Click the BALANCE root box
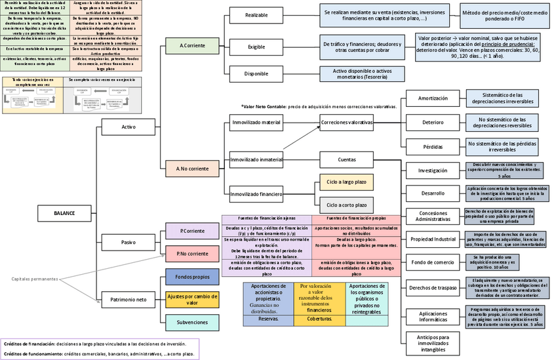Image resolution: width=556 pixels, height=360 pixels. (64, 212)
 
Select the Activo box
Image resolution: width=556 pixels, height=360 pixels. (129, 127)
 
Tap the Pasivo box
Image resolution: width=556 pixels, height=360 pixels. (129, 243)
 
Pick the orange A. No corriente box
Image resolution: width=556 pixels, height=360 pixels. (192, 169)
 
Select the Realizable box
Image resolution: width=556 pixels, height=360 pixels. (256, 15)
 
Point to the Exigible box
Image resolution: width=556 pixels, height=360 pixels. (256, 47)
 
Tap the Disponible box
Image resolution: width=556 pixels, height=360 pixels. (256, 74)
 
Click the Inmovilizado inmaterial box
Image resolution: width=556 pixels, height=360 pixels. (256, 159)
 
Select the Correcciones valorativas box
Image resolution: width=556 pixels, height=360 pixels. (346, 122)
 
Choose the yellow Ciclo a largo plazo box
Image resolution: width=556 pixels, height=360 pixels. (346, 182)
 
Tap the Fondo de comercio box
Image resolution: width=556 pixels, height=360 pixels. (432, 262)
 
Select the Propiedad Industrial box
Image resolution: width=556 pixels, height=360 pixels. (432, 239)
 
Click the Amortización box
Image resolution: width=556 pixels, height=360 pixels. (432, 98)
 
